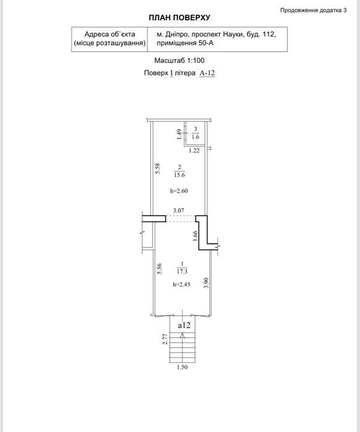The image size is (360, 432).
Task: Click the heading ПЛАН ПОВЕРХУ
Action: (180, 18)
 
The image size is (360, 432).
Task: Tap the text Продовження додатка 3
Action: (314, 10)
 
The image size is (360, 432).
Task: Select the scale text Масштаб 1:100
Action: (179, 60)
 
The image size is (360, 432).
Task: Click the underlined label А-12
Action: (207, 73)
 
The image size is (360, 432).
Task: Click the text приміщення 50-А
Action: (185, 43)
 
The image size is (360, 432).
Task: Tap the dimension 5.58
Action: (157, 168)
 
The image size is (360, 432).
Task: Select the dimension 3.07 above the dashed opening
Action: (178, 210)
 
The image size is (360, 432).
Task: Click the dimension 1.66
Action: (195, 236)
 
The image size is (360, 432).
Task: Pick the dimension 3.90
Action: (206, 283)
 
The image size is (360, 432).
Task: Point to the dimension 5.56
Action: (159, 268)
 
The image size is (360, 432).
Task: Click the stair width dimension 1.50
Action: (182, 367)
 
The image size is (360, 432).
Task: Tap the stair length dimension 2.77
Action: (165, 339)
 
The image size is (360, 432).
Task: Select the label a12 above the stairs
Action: (184, 325)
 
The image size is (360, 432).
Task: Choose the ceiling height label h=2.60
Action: (179, 191)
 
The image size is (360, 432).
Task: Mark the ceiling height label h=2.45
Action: (182, 285)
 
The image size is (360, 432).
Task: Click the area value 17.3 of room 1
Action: (182, 272)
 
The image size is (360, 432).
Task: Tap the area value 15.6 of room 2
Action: (180, 175)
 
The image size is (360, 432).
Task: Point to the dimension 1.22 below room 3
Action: (194, 151)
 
